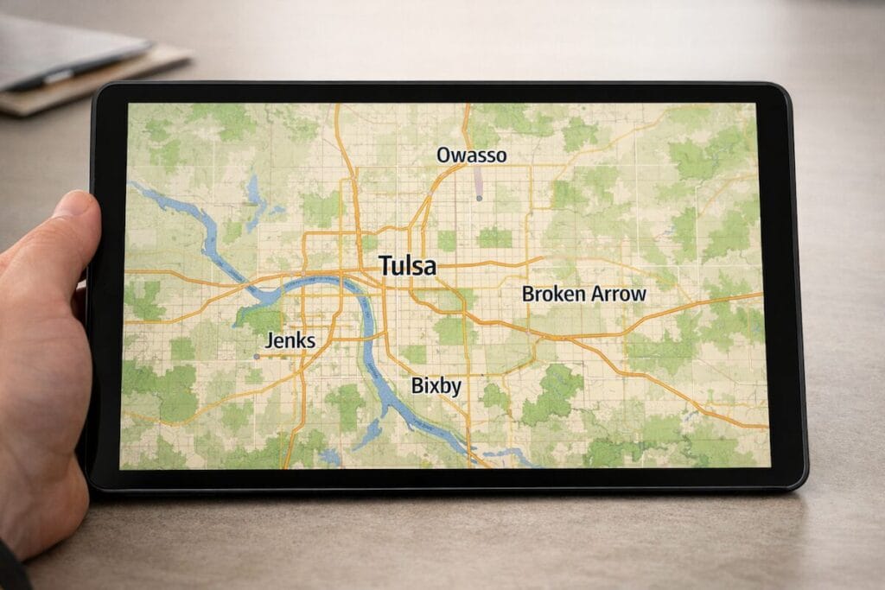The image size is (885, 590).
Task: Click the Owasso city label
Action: coord(471,155)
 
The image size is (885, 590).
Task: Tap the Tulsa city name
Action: coord(407,265)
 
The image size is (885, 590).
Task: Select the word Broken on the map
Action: coord(553,294)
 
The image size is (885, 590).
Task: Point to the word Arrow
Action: coord(617,294)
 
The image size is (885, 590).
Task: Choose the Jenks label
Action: coord(290,340)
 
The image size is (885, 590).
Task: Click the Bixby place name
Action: coord(436,386)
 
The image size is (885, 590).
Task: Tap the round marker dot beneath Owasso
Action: coord(479,199)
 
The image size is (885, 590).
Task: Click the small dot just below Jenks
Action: coord(257,356)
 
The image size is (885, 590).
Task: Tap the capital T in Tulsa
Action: coord(385,265)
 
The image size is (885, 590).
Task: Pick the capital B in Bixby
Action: coord(417,386)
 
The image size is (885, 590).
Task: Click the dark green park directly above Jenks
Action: coord(260,320)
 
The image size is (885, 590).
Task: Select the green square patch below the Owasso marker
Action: coord(494,237)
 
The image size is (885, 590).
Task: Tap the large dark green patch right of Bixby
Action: coord(553,393)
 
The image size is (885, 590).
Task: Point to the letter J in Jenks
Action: coord(270,341)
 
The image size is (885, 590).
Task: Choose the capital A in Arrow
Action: coord(595,294)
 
